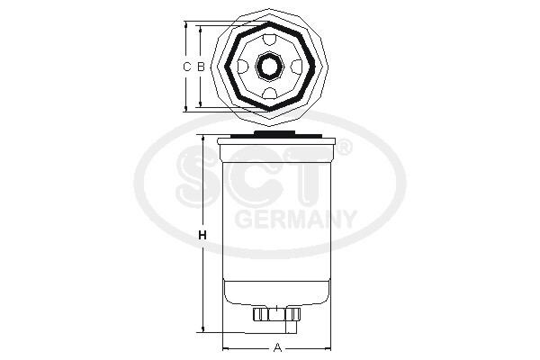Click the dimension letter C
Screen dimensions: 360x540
[x=186, y=67]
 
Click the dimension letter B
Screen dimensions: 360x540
[x=201, y=67]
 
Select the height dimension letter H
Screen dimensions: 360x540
[x=202, y=236]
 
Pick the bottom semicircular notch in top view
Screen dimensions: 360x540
[x=270, y=93]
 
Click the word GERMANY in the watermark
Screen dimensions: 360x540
[x=294, y=219]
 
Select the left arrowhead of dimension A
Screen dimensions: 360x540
[x=226, y=346]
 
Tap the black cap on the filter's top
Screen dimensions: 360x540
[x=277, y=134]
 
